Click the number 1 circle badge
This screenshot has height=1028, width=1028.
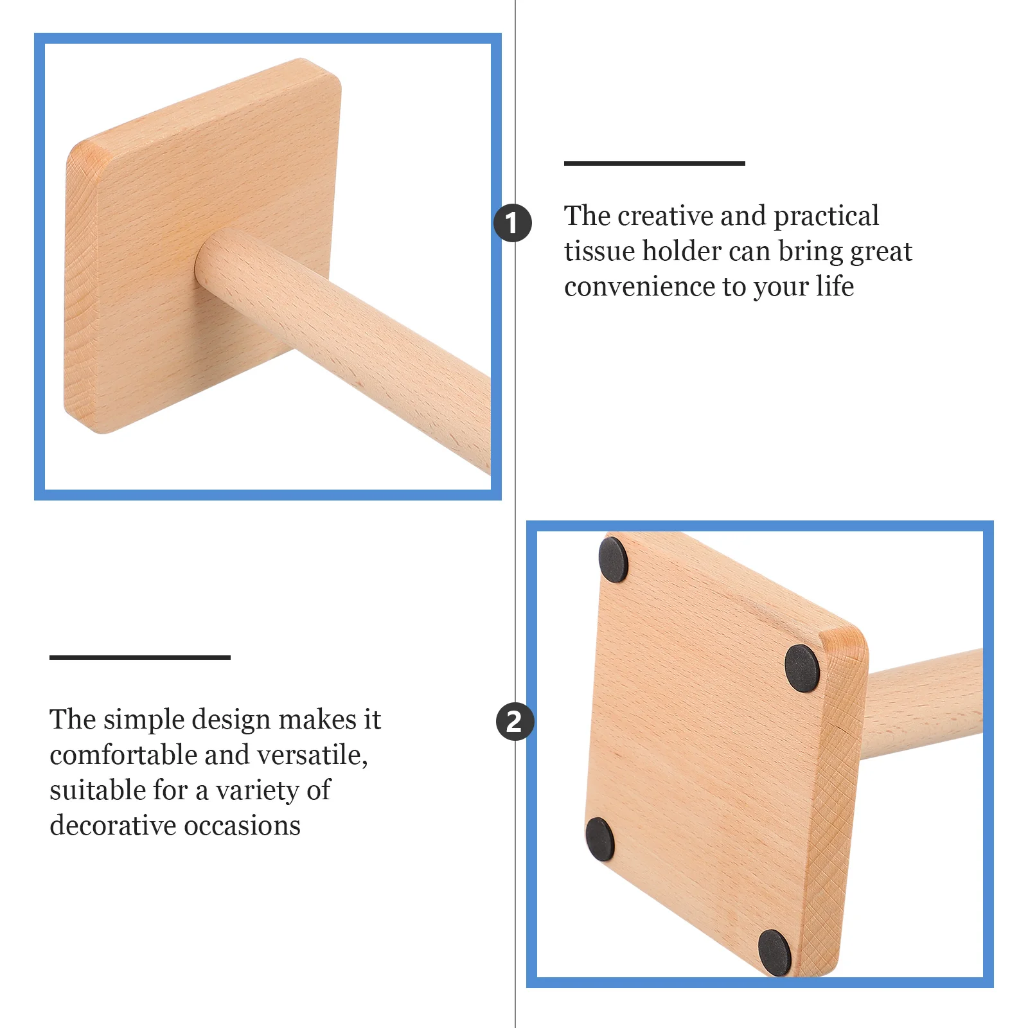512,223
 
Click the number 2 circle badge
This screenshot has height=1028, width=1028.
515,721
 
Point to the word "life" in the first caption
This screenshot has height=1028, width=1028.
835,286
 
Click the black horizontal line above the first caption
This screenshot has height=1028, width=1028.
654,164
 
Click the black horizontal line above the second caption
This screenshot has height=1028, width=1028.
139,657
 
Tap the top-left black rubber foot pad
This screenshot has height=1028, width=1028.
613,560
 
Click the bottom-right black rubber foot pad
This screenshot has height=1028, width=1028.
774,952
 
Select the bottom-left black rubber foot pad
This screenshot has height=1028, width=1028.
600,840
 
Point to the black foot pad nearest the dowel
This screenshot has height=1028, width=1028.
802,668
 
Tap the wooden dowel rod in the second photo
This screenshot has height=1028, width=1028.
925,704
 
